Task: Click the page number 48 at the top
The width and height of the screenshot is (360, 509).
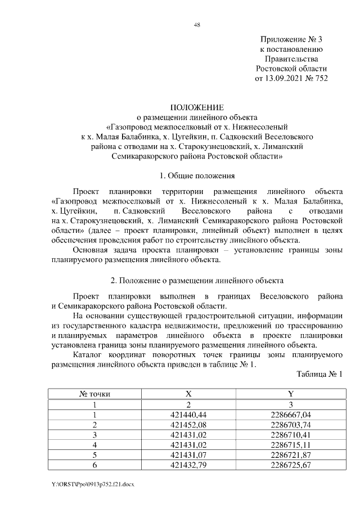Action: [x=196, y=25]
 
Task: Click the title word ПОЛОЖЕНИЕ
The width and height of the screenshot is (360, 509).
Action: [x=197, y=107]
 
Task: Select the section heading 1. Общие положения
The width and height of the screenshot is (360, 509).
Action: [x=197, y=176]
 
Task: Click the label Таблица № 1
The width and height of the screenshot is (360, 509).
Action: [x=319, y=374]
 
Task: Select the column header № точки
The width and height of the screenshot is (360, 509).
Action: [x=95, y=394]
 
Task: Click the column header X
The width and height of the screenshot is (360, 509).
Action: [x=189, y=394]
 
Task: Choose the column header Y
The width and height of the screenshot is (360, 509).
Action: [x=290, y=394]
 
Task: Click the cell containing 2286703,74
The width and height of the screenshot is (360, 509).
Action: [x=290, y=424]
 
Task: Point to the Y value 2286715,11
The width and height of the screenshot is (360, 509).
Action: [x=290, y=444]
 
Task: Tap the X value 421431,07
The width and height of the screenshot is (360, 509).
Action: [x=189, y=454]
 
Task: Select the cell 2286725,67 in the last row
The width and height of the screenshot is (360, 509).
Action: [x=290, y=465]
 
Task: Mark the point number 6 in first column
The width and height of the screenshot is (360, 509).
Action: [x=95, y=465]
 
